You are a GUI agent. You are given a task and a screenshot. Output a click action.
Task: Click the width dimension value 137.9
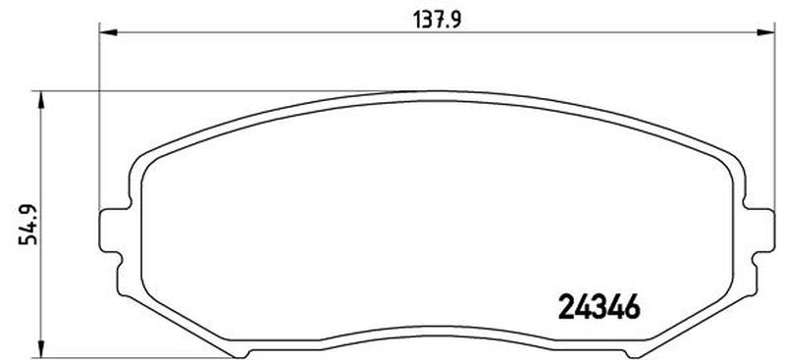pyautogui.click(x=437, y=20)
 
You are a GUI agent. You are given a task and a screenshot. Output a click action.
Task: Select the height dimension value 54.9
pyautogui.click(x=28, y=225)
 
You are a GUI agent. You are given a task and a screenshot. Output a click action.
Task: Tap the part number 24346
pyautogui.click(x=599, y=306)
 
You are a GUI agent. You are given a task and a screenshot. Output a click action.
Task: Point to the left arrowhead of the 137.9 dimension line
pyautogui.click(x=108, y=32)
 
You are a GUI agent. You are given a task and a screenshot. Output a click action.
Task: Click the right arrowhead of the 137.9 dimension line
pyautogui.click(x=766, y=32)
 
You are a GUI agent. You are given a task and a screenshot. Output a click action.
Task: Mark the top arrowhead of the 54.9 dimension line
pyautogui.click(x=41, y=100)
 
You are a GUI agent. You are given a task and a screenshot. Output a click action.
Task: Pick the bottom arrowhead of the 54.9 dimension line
pyautogui.click(x=41, y=349)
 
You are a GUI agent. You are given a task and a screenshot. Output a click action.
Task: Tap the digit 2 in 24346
pyautogui.click(x=566, y=306)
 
